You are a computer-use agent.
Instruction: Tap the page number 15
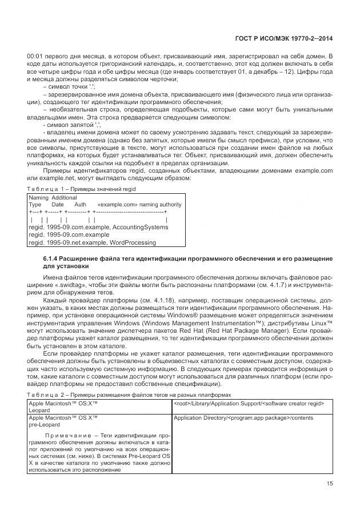tap(329, 485)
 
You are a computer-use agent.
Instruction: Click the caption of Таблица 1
tap(82, 188)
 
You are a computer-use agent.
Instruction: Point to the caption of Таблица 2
tap(129, 395)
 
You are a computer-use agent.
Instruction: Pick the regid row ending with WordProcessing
tap(92, 242)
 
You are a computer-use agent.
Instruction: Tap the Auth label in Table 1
tap(81, 205)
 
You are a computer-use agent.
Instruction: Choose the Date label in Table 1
tap(58, 205)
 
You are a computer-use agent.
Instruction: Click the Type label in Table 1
tap(35, 205)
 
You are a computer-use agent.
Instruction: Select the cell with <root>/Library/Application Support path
tap(249, 404)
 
